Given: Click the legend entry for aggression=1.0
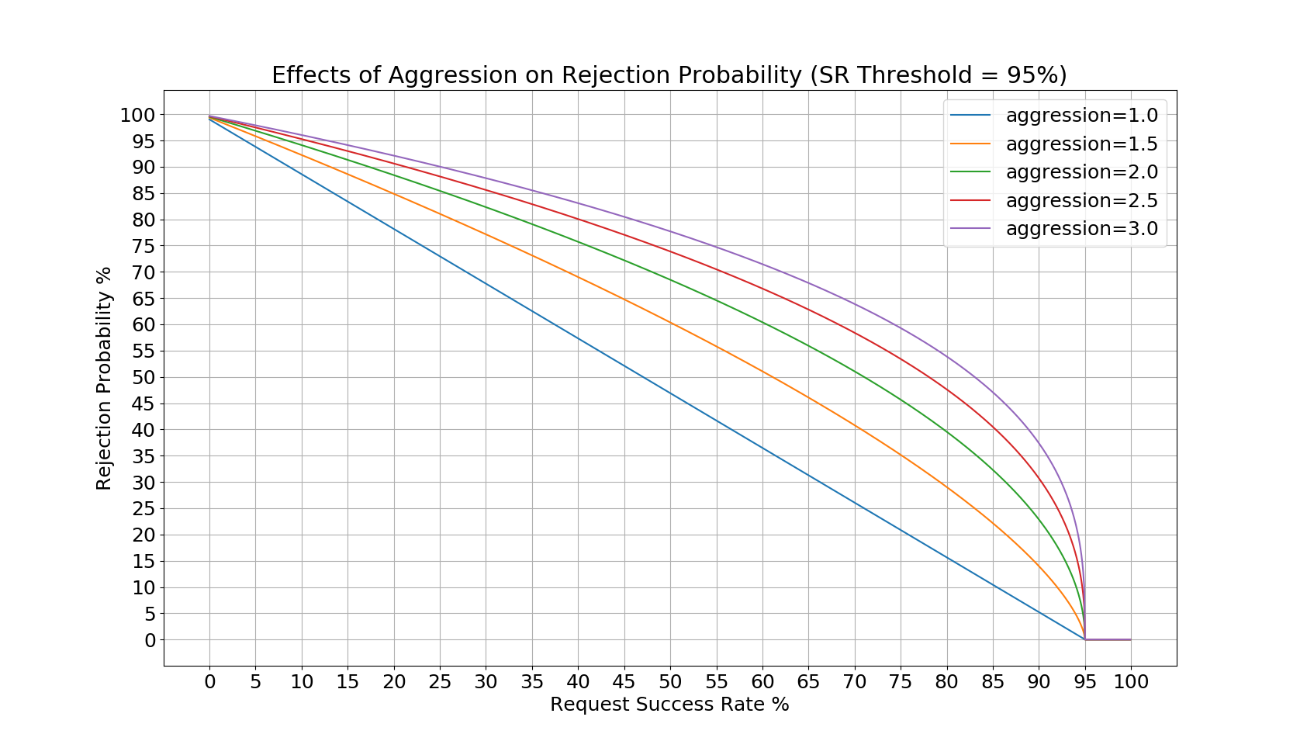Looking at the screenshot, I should pos(1081,116).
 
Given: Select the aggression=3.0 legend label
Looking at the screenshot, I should pos(1081,229).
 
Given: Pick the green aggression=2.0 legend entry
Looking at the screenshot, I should pos(1081,172).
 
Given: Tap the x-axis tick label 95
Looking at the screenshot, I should pos(1084,682).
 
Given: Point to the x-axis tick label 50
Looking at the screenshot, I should pos(670,682).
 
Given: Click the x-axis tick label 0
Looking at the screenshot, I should pos(209,682).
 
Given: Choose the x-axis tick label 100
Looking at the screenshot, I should pos(1130,682).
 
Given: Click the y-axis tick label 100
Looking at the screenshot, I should pos(137,115).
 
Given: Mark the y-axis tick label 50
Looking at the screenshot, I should pos(143,378).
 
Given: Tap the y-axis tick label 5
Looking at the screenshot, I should pos(150,614).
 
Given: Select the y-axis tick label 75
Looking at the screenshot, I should pos(143,246).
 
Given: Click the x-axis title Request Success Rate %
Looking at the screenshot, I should pos(669,705).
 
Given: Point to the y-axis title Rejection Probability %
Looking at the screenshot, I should pos(104,378).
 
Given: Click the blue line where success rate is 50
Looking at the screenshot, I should pos(670,393).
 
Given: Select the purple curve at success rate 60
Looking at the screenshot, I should pos(762,265).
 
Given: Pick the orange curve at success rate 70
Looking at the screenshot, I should pos(854,425).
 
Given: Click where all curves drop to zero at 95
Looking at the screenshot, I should pos(1084,639).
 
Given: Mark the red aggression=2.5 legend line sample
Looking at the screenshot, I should pos(970,201).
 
